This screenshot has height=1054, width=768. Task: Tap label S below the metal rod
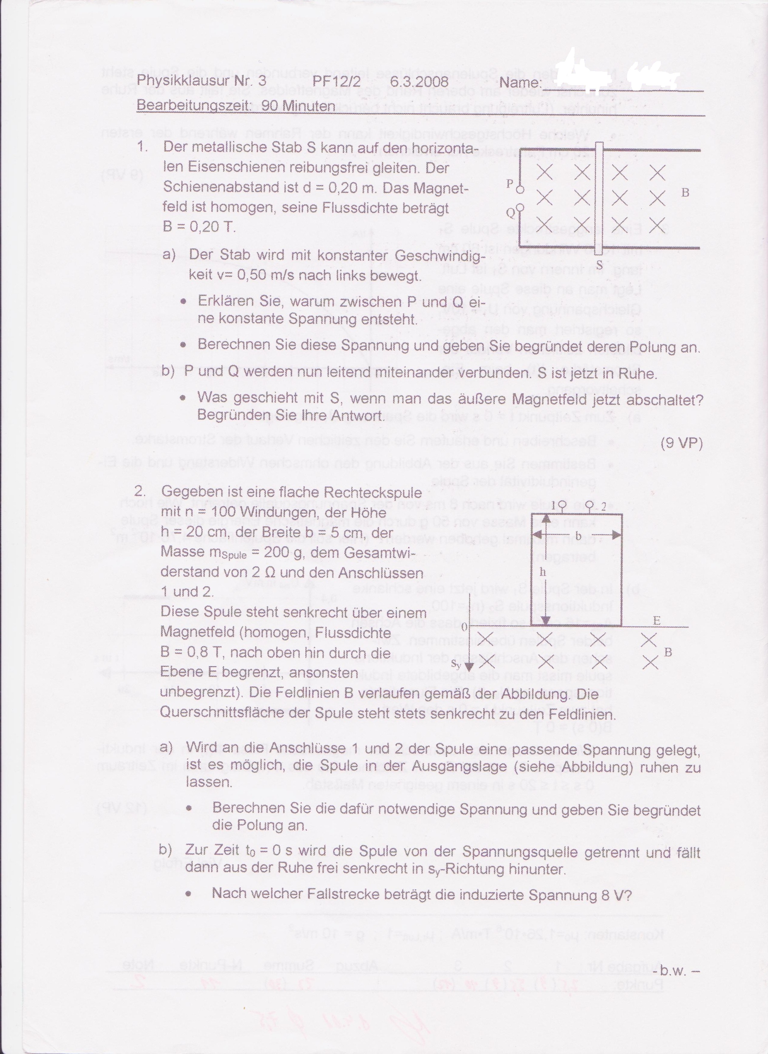(599, 264)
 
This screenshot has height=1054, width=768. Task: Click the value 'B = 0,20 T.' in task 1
(199, 227)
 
